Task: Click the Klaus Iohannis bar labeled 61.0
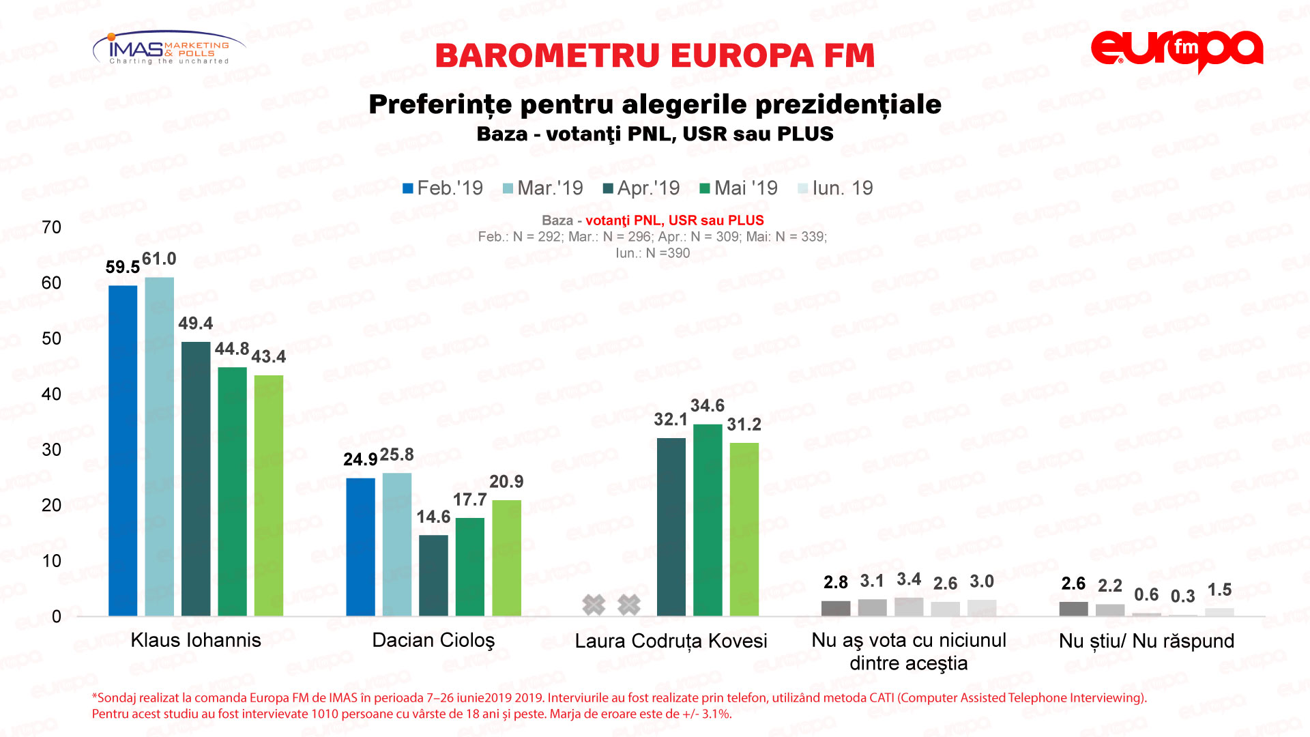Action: point(159,447)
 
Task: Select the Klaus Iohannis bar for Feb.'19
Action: point(123,450)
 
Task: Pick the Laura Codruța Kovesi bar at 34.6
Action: point(708,520)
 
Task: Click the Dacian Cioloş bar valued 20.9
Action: point(506,558)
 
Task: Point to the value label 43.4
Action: point(269,357)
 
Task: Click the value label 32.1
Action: point(671,420)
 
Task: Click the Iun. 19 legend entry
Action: point(835,188)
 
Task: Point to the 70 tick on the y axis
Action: point(52,227)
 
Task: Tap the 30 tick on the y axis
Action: point(52,450)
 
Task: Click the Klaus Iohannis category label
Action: point(196,640)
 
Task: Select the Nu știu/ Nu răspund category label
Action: point(1146,641)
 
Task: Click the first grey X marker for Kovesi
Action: point(594,604)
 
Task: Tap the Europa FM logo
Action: point(1177,51)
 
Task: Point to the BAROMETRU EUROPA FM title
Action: point(655,56)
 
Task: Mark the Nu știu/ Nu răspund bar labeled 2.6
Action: point(1073,609)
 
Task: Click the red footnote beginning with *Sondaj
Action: point(620,706)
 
